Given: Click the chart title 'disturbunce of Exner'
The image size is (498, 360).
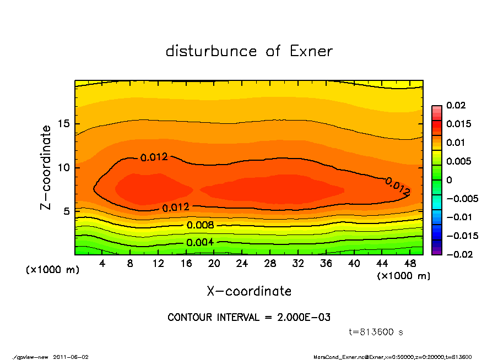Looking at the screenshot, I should click(249, 51).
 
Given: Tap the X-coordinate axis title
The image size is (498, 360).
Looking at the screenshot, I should click(249, 291).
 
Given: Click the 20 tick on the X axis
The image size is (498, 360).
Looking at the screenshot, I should click(214, 264).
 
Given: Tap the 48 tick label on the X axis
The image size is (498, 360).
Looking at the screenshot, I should click(410, 264).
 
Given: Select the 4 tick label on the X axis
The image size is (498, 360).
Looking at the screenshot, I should click(102, 264).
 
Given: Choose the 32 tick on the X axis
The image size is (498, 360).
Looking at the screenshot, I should click(298, 264).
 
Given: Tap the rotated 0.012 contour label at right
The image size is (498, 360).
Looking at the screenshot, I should click(398, 187).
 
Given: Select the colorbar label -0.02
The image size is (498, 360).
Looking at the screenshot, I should click(457, 254).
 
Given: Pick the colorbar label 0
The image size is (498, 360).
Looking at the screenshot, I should click(449, 180).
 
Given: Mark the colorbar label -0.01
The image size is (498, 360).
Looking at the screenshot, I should click(457, 217).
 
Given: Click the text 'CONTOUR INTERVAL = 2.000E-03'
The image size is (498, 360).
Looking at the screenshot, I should click(249, 318).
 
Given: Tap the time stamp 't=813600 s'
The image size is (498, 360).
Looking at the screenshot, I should click(377, 332).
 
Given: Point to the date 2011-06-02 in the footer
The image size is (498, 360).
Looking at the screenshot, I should click(71, 357).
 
